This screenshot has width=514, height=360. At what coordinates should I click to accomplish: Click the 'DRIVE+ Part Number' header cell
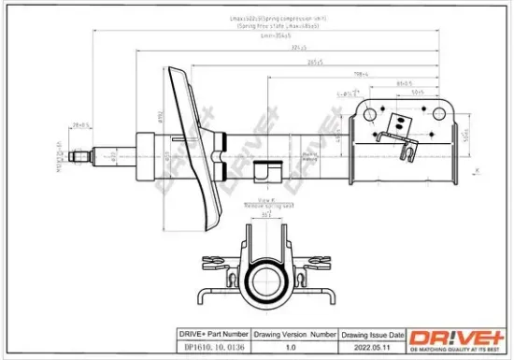coord(214,333)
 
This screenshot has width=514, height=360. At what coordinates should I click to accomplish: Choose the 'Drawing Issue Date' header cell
coord(372,333)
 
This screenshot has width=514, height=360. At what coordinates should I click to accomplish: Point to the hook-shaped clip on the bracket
coord(408,150)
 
